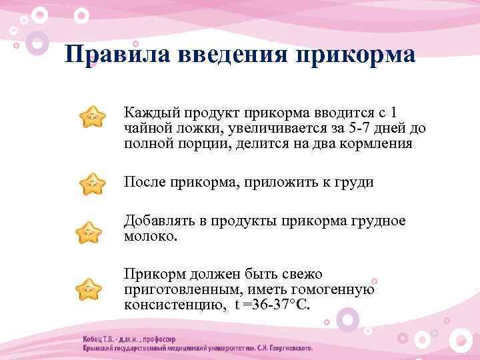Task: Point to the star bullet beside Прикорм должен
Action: (89, 291)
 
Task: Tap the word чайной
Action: (145, 128)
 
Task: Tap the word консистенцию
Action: (167, 305)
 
